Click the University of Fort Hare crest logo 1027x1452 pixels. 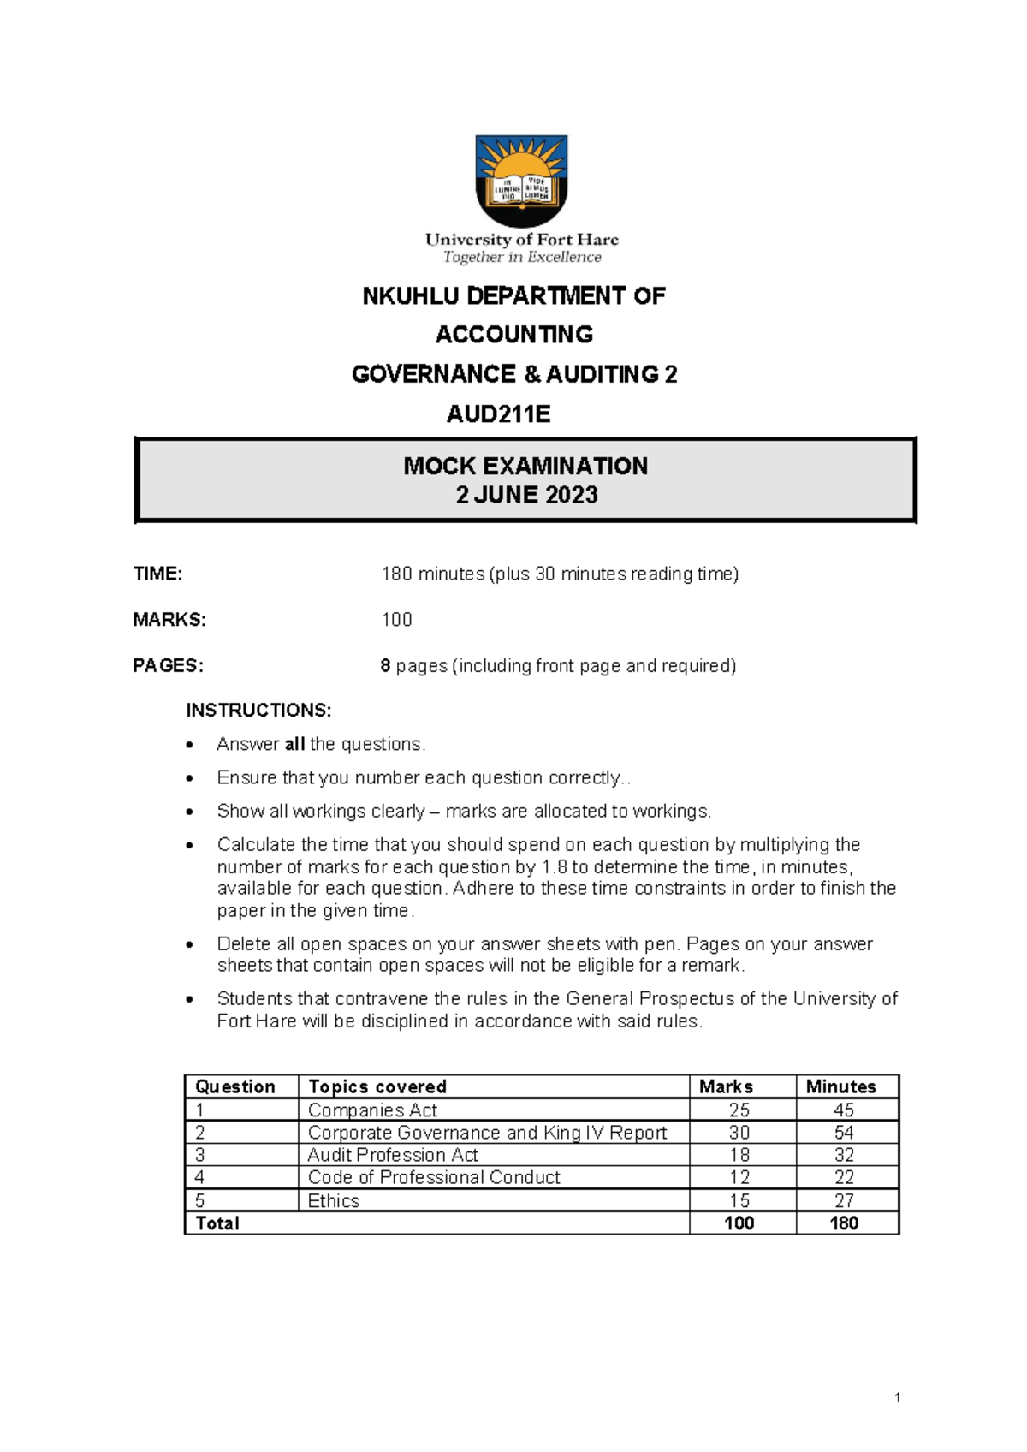pyautogui.click(x=521, y=180)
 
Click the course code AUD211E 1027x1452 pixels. pyautogui.click(x=498, y=414)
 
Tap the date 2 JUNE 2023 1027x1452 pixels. pyautogui.click(x=526, y=495)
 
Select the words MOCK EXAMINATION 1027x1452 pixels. pyautogui.click(x=525, y=466)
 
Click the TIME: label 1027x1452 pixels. pyautogui.click(x=157, y=574)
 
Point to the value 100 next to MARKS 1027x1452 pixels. pyautogui.click(x=397, y=620)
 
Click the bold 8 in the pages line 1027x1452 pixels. pyautogui.click(x=385, y=666)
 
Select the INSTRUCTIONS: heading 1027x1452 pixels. pyautogui.click(x=258, y=711)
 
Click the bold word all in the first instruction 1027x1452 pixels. pyautogui.click(x=294, y=744)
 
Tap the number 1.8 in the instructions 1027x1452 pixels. pyautogui.click(x=555, y=866)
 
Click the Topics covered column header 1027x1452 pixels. pyautogui.click(x=377, y=1086)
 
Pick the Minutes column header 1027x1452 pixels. pyautogui.click(x=840, y=1086)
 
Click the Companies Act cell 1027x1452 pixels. pyautogui.click(x=372, y=1110)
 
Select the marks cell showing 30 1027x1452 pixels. pyautogui.click(x=739, y=1133)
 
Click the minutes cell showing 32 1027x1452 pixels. pyautogui.click(x=844, y=1155)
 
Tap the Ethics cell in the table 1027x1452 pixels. pyautogui.click(x=333, y=1200)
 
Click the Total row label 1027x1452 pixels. pyautogui.click(x=217, y=1223)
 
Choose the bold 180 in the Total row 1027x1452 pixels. pyautogui.click(x=844, y=1223)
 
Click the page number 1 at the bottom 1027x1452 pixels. pyautogui.click(x=897, y=1398)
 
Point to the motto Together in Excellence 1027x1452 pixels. pyautogui.click(x=522, y=257)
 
